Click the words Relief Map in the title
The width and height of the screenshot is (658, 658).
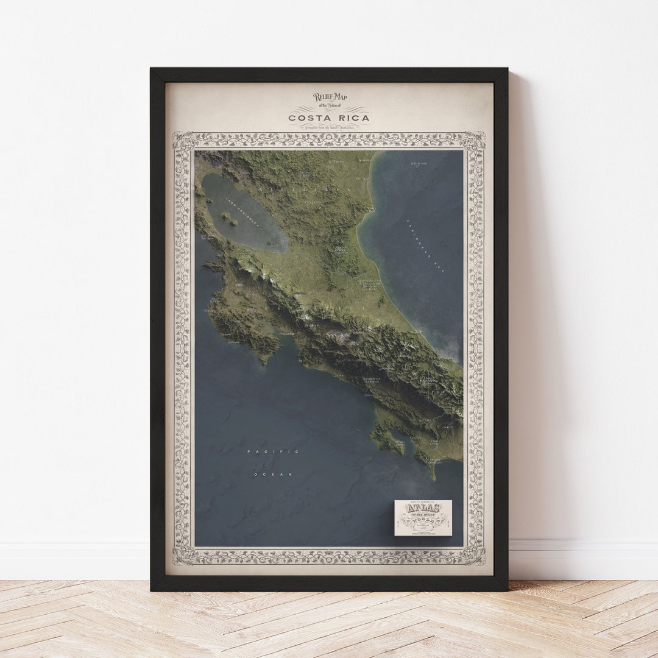pos(330,97)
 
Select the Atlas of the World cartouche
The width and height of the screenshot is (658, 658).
pos(423,518)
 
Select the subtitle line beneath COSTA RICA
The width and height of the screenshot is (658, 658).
pos(329,127)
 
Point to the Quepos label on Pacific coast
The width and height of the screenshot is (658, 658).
pos(338,375)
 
